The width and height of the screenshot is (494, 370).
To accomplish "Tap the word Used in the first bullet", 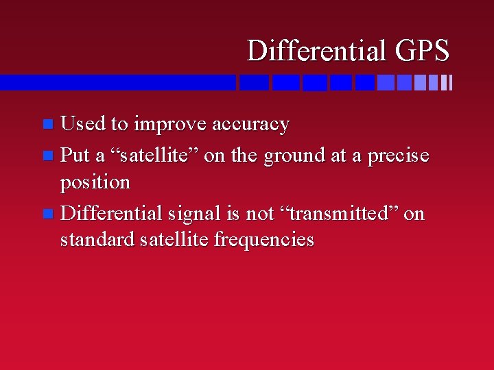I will tap(83, 124).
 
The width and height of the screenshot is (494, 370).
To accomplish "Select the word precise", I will tap(399, 156).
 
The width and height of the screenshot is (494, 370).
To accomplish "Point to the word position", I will tap(95, 183).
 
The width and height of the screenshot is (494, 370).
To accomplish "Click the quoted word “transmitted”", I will tap(338, 214).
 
